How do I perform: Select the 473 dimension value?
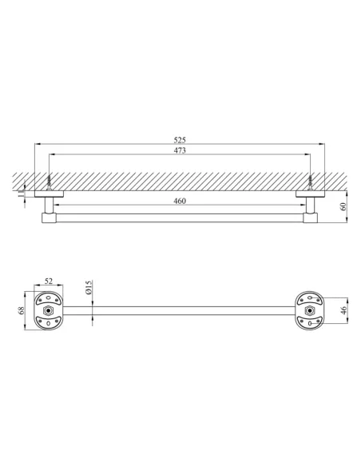click(180, 151)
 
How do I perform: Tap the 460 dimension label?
click(180, 202)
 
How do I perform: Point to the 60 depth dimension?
click(344, 206)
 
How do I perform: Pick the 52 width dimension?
click(49, 281)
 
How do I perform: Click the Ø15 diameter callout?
click(89, 287)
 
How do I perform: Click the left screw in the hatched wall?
click(50, 182)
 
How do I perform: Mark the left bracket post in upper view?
click(50, 206)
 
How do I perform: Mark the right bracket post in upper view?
click(309, 206)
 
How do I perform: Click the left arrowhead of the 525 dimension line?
click(36, 144)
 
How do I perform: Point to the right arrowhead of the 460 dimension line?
click(303, 206)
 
